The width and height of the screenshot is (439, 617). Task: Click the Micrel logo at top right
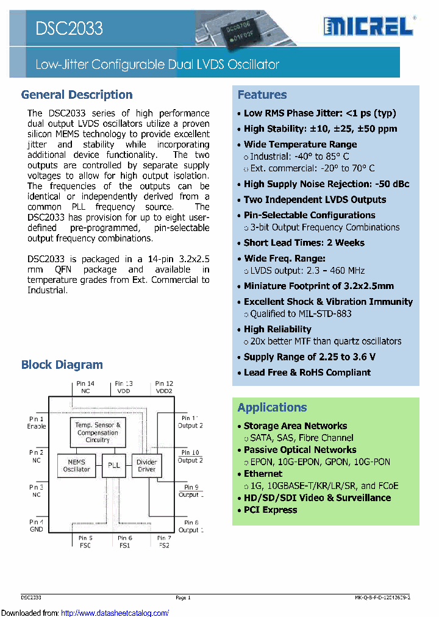click(x=369, y=26)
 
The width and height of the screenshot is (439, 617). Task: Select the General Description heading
click(x=77, y=95)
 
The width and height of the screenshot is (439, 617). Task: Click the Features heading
click(x=262, y=95)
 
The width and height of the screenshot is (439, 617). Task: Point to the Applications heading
click(x=273, y=407)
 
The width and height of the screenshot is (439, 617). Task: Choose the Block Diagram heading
click(x=62, y=365)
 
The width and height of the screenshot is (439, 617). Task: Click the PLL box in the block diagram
click(x=114, y=465)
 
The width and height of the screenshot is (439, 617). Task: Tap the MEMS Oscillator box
click(x=77, y=465)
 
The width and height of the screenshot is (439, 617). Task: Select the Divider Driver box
click(x=147, y=465)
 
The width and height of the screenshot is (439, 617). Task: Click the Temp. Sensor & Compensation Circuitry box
click(x=98, y=432)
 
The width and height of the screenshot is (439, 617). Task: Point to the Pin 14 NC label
click(x=85, y=387)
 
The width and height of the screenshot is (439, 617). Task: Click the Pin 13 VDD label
click(x=124, y=387)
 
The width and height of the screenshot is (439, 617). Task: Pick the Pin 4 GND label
click(x=37, y=526)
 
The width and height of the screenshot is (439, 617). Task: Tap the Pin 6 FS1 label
click(x=125, y=541)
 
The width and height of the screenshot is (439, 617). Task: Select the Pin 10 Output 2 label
click(x=190, y=456)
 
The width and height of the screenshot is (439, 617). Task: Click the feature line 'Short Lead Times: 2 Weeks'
click(x=304, y=243)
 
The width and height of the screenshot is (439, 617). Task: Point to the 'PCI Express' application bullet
click(x=270, y=510)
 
